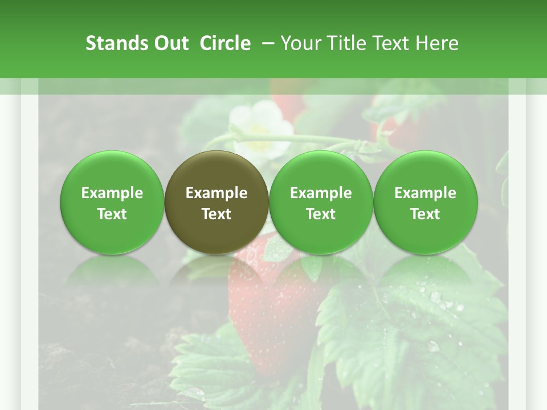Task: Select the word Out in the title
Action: click(169, 43)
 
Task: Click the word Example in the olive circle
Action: click(217, 193)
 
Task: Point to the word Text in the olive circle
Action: click(217, 214)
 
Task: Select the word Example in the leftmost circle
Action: click(112, 193)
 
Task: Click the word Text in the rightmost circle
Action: click(426, 214)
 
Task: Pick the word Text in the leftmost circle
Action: click(112, 214)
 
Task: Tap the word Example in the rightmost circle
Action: click(426, 193)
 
